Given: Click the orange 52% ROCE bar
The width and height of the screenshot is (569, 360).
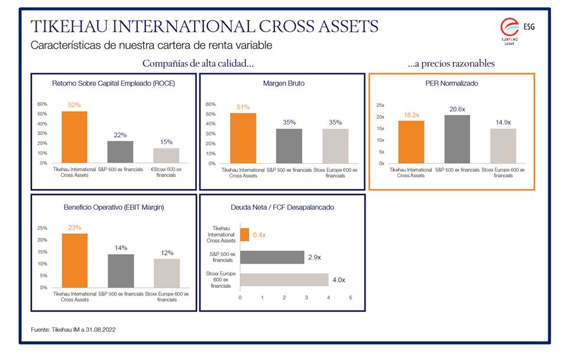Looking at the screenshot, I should (74, 137).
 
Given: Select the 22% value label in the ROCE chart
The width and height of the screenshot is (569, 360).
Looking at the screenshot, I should (120, 135).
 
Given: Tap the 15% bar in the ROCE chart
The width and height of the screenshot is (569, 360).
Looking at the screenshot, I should (166, 155).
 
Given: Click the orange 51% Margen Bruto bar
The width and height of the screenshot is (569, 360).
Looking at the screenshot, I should (243, 138).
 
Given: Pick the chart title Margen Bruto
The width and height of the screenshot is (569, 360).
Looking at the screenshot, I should (284, 84).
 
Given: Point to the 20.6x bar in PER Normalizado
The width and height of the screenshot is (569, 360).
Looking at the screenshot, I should (457, 139).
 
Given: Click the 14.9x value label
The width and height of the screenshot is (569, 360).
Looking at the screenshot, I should (503, 122).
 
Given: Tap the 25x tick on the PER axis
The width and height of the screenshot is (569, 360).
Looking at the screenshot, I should (381, 105).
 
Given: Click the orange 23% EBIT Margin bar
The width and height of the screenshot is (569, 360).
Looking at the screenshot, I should (75, 260).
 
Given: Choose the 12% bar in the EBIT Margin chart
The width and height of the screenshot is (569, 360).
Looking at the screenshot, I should (167, 273).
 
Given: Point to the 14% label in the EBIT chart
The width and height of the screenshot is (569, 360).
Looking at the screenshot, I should (121, 248).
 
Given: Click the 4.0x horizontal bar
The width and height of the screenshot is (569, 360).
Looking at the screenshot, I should (284, 280).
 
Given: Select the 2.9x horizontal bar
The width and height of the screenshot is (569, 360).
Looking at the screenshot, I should (272, 257).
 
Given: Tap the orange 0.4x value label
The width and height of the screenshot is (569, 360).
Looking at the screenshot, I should (258, 235).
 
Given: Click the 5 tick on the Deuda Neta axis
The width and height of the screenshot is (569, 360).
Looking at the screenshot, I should (351, 297).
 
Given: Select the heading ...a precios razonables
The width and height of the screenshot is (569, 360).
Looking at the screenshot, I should (451, 63).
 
